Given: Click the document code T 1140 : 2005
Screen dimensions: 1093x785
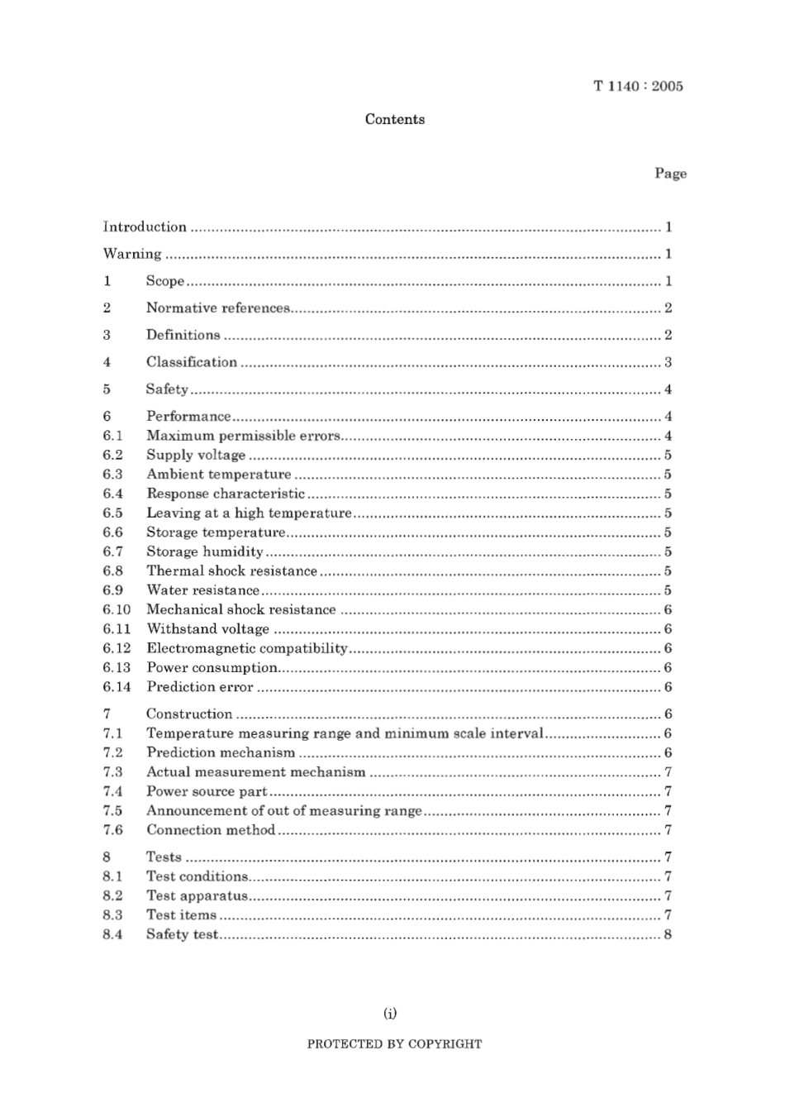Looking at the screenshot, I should [x=638, y=86].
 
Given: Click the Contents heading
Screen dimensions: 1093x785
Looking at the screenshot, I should [x=395, y=119].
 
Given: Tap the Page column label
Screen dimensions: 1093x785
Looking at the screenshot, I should [x=670, y=173].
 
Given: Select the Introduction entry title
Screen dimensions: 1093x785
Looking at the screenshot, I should [x=145, y=227].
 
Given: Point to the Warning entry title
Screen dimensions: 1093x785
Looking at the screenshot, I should [x=132, y=254].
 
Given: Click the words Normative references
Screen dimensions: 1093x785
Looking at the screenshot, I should [x=218, y=308].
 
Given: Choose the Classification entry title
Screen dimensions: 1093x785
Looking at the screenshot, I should [x=192, y=361].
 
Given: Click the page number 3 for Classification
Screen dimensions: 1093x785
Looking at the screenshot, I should [x=668, y=362].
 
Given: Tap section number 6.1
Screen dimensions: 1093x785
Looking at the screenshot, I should [x=113, y=436].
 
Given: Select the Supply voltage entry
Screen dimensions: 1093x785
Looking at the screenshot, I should [x=196, y=455].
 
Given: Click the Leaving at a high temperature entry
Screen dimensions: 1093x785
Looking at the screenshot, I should [x=249, y=513].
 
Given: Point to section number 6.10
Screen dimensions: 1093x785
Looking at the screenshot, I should [x=117, y=609].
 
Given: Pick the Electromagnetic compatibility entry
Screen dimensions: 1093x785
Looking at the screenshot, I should [x=247, y=648].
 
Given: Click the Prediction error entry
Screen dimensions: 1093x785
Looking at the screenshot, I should [x=200, y=686].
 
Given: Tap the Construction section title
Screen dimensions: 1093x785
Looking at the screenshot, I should [x=189, y=714].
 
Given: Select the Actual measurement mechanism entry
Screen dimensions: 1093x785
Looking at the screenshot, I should [x=255, y=771].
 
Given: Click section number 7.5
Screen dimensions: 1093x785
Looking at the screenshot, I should [x=113, y=810].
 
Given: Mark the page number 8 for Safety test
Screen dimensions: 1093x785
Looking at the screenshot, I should [x=668, y=934].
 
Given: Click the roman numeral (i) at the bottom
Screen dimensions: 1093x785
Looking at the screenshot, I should [x=391, y=1013].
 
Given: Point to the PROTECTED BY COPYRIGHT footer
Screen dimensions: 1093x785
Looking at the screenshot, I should [x=394, y=1043].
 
